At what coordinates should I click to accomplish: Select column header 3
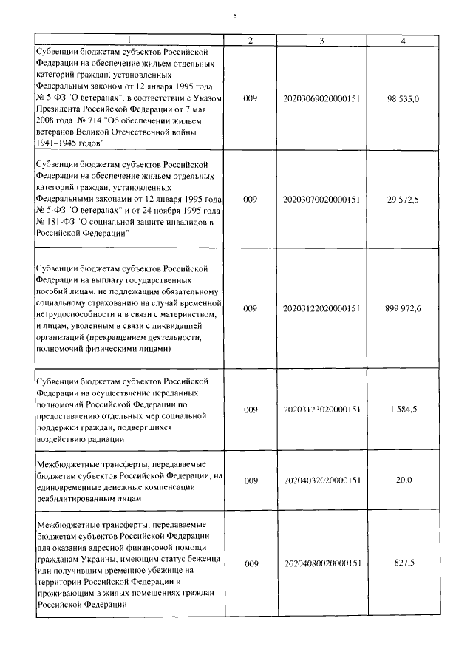(321, 39)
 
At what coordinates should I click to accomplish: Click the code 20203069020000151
(321, 98)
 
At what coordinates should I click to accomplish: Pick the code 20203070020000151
(321, 199)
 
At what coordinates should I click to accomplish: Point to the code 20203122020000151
(321, 308)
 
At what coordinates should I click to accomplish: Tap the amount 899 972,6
(403, 308)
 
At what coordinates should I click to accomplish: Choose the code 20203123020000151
(321, 409)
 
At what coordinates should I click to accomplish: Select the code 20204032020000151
(321, 480)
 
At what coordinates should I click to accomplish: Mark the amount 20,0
(404, 480)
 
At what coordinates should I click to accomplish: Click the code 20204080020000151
(321, 563)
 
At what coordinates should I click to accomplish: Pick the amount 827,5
(404, 563)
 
